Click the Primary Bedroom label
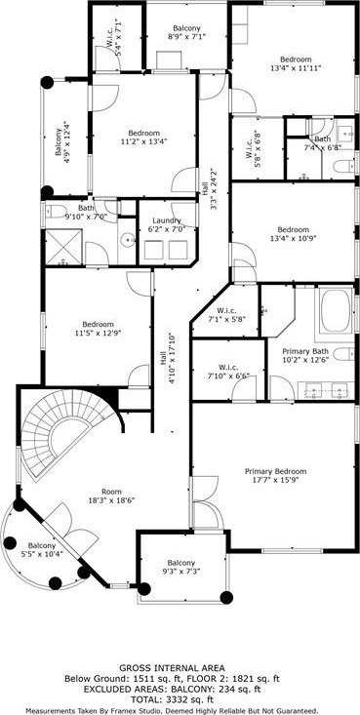(x=275, y=475)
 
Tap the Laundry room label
(x=167, y=224)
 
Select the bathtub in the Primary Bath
(x=335, y=310)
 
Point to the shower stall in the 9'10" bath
(x=63, y=247)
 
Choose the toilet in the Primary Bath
(x=343, y=353)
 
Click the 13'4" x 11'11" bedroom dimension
(x=296, y=68)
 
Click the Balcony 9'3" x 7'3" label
(x=180, y=567)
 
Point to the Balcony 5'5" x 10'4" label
(x=42, y=549)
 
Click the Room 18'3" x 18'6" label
(x=111, y=496)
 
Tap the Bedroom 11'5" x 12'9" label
(x=99, y=329)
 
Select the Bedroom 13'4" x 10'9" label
(x=296, y=233)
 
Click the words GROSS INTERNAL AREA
(x=172, y=669)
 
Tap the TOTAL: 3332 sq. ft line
(x=172, y=699)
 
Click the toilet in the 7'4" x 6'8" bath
(x=343, y=166)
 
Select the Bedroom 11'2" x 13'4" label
(x=144, y=137)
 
